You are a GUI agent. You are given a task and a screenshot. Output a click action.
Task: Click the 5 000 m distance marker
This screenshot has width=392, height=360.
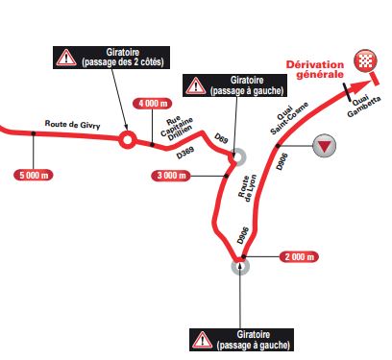(x=34, y=174)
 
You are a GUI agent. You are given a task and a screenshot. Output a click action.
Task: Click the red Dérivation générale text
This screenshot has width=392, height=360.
(x=315, y=72)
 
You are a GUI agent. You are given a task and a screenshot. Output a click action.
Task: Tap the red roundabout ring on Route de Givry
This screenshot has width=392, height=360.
(x=126, y=141)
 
